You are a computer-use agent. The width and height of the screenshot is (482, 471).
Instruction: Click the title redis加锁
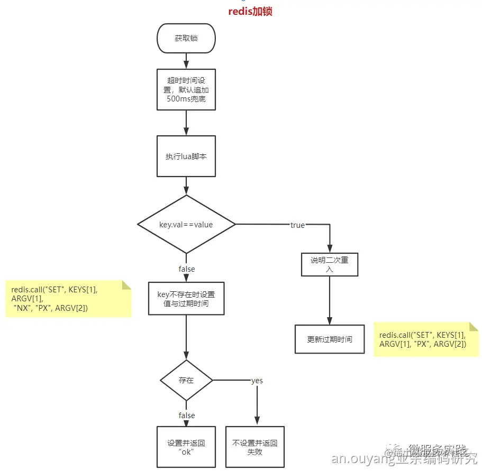[x=250, y=12]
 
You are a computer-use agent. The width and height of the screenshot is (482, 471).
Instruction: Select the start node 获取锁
[x=186, y=39]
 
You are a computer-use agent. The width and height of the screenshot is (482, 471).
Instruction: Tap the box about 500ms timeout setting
[x=186, y=89]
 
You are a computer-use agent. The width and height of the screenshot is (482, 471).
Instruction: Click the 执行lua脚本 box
[x=186, y=156]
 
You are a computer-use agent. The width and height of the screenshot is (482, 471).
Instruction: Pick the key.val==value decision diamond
[x=186, y=225]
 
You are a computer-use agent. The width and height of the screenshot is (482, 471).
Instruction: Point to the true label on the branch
[x=297, y=225]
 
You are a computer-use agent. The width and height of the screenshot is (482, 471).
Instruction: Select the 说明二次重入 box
[x=330, y=264]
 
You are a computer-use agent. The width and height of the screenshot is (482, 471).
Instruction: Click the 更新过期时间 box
[x=330, y=339]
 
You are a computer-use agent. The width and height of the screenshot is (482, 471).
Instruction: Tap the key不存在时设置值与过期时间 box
[x=186, y=299]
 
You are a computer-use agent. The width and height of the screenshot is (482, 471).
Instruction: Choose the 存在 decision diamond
[x=186, y=380]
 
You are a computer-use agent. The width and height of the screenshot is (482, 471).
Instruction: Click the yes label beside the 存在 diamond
[x=257, y=381]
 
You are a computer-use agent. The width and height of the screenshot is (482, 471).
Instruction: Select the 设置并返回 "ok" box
[x=186, y=447]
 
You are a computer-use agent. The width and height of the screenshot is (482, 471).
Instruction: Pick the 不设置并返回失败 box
[x=255, y=447]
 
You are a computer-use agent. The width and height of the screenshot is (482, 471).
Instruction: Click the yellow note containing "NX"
[x=68, y=299]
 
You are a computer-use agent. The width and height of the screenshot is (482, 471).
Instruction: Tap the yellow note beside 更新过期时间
[x=426, y=340]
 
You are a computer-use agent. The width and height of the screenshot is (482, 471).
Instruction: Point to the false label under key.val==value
[x=186, y=269]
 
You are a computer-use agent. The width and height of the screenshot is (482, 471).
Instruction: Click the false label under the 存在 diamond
[x=186, y=415]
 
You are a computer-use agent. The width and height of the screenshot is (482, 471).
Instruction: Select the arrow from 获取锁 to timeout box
[x=186, y=61]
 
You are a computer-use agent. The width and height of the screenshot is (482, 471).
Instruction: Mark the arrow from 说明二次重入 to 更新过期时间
[x=330, y=300]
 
